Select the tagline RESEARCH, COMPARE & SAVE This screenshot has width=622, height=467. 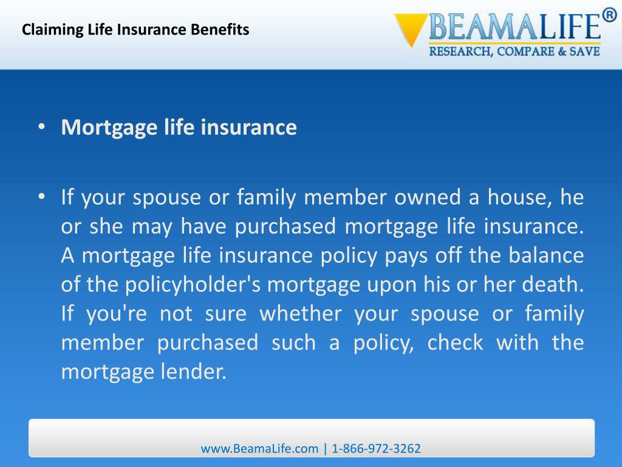coord(514,52)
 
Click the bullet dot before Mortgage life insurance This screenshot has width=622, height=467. coord(41,128)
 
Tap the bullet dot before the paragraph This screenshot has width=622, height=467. coord(41,197)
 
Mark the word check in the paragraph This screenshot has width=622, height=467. coord(455,343)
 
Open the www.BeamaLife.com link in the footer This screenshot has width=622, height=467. coord(259,449)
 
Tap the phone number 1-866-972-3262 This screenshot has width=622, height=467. coord(376,449)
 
